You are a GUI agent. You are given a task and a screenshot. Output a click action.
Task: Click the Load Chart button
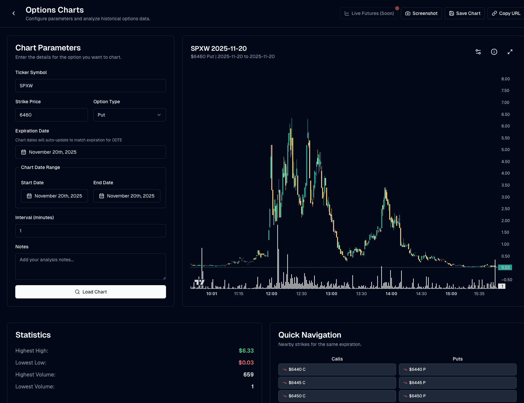click(x=91, y=292)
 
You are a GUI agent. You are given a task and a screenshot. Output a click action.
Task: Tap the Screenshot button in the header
click(x=421, y=13)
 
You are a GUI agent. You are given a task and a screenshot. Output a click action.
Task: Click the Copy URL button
click(x=506, y=13)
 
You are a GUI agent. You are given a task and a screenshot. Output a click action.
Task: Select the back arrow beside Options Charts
click(x=14, y=13)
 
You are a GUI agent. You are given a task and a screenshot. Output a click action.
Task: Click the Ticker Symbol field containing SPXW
click(x=91, y=86)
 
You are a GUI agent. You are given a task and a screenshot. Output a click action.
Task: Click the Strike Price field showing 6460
click(x=51, y=115)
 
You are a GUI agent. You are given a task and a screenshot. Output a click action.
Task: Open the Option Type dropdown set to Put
click(x=130, y=115)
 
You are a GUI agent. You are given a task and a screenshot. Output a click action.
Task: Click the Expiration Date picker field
click(x=91, y=152)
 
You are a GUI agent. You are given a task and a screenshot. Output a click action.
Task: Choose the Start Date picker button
click(x=54, y=196)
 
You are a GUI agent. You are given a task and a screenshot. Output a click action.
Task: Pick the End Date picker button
click(x=127, y=196)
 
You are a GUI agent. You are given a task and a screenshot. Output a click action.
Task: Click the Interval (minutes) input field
click(x=91, y=231)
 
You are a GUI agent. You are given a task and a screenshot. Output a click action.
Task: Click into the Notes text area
click(x=91, y=266)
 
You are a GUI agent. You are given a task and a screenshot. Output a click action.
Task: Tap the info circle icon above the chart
click(x=494, y=52)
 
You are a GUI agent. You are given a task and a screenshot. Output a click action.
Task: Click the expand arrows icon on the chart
click(x=510, y=52)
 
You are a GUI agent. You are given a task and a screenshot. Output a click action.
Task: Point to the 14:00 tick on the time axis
click(x=391, y=294)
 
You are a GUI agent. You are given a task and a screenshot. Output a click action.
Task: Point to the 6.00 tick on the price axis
click(x=505, y=126)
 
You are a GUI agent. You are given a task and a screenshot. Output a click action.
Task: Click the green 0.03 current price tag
click(x=505, y=268)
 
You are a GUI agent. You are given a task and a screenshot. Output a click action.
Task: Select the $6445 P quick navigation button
click(x=458, y=383)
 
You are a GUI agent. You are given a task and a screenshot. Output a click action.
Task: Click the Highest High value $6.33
click(x=246, y=351)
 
